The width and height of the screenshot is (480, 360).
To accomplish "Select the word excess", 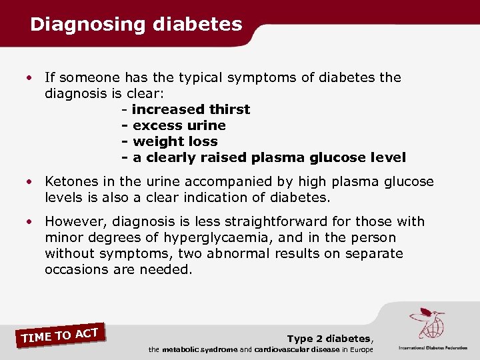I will tap(155, 125).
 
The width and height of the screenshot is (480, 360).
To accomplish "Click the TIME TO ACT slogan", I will tap(60, 333).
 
